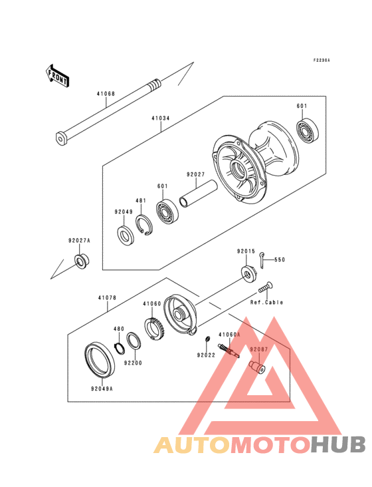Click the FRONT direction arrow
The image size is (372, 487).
[58, 75]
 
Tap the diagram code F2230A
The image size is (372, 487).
[322, 61]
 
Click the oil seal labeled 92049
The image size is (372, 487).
[124, 235]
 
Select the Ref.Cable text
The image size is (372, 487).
[266, 302]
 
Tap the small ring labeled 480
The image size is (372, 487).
[120, 347]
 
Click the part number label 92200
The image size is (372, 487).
[132, 363]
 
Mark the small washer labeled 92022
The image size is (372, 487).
[207, 342]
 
